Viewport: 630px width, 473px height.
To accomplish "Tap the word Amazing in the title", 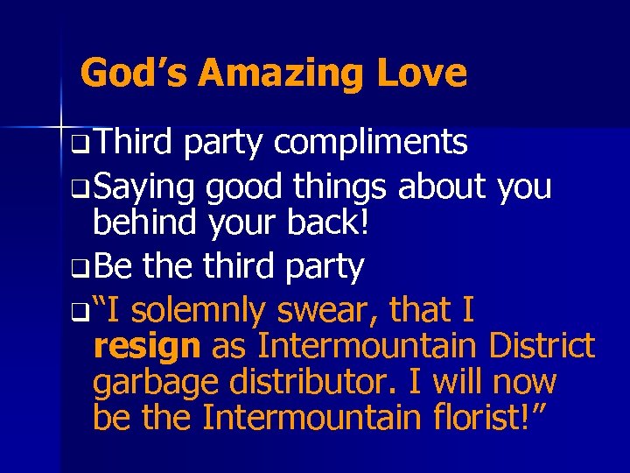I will click(283, 73).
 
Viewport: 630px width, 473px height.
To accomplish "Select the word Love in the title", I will click(423, 73).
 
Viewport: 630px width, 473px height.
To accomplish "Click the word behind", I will click(145, 224).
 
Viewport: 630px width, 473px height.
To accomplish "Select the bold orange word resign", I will click(146, 347).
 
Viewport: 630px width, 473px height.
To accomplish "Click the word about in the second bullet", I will click(444, 187).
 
